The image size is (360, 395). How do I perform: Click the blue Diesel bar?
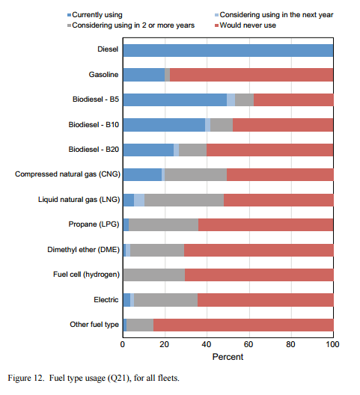click(228, 50)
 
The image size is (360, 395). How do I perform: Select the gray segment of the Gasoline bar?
click(167, 75)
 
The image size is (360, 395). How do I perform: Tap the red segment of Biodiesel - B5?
click(293, 99)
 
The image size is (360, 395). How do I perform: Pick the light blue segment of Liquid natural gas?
click(139, 200)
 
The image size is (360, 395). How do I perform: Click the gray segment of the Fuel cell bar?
click(154, 275)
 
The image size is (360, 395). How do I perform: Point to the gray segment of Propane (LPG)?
click(163, 224)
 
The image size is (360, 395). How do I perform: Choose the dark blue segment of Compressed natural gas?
click(142, 174)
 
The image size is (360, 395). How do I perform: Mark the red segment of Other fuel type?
click(243, 325)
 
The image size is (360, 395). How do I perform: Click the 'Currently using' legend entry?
click(95, 15)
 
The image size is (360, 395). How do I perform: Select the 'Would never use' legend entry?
click(245, 25)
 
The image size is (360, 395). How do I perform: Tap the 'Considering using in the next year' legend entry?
click(274, 15)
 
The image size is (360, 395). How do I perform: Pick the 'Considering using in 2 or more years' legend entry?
click(131, 25)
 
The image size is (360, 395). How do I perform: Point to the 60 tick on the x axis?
click(249, 344)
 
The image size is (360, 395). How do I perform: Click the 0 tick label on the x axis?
click(123, 344)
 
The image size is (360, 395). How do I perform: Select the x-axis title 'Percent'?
click(228, 357)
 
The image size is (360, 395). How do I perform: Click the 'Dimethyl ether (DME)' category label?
click(83, 250)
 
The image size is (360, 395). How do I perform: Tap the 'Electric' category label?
click(106, 300)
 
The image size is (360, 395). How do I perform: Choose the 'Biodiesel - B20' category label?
click(94, 150)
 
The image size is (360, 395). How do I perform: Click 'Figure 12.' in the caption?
click(26, 378)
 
